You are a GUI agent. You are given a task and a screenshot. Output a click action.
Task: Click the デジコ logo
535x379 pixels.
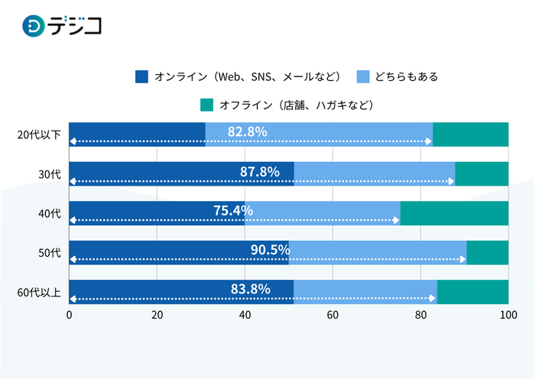(x=63, y=26)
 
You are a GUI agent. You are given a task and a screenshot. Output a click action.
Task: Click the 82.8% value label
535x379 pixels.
(x=247, y=131)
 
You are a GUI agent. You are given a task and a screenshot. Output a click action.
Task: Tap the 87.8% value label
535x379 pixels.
(x=259, y=171)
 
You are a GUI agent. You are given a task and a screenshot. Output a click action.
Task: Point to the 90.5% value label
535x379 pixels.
(x=270, y=250)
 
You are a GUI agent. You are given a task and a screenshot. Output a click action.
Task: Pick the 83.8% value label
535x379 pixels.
(x=250, y=289)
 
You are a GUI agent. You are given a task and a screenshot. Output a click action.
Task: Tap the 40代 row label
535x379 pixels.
(x=49, y=213)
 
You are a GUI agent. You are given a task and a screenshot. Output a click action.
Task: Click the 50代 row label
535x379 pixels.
(x=49, y=253)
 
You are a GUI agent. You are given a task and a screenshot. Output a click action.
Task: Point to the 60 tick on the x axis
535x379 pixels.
(x=332, y=315)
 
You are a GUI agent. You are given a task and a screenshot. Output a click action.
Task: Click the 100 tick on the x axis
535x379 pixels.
(x=507, y=315)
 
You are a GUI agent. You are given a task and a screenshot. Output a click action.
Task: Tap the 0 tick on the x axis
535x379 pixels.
(x=70, y=315)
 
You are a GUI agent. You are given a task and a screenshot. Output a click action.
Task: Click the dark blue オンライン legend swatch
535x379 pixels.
(x=141, y=76)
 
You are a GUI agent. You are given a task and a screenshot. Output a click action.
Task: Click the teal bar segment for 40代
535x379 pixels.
(x=454, y=213)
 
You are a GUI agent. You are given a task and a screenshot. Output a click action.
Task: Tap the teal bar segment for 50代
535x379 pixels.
(x=487, y=253)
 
